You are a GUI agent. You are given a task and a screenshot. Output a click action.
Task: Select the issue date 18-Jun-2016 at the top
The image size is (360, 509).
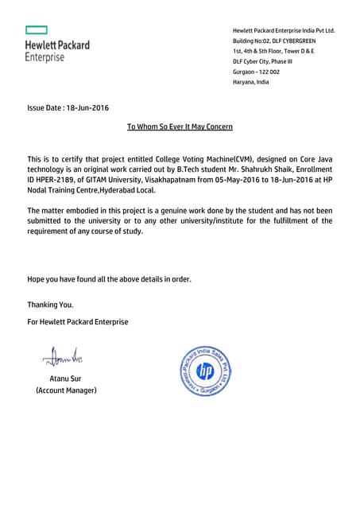(68, 107)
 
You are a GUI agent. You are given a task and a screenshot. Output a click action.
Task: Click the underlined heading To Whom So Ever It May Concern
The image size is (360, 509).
(180, 126)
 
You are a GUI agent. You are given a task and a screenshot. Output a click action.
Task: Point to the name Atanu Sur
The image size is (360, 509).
(66, 378)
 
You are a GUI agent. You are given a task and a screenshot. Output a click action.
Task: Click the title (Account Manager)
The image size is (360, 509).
(66, 390)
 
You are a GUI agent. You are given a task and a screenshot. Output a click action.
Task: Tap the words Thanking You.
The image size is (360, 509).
(50, 305)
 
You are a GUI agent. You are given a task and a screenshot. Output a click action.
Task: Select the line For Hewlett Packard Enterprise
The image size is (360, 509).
(78, 321)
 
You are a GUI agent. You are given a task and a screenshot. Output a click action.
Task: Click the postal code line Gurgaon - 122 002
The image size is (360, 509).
(256, 72)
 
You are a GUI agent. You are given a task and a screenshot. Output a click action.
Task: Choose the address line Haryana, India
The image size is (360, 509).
(250, 82)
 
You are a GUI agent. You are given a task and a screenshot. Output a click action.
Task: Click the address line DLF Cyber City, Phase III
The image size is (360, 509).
(262, 61)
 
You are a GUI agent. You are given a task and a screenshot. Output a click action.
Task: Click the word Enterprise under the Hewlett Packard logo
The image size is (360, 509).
(45, 58)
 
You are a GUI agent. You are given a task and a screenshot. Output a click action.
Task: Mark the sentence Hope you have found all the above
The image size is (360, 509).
(109, 279)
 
